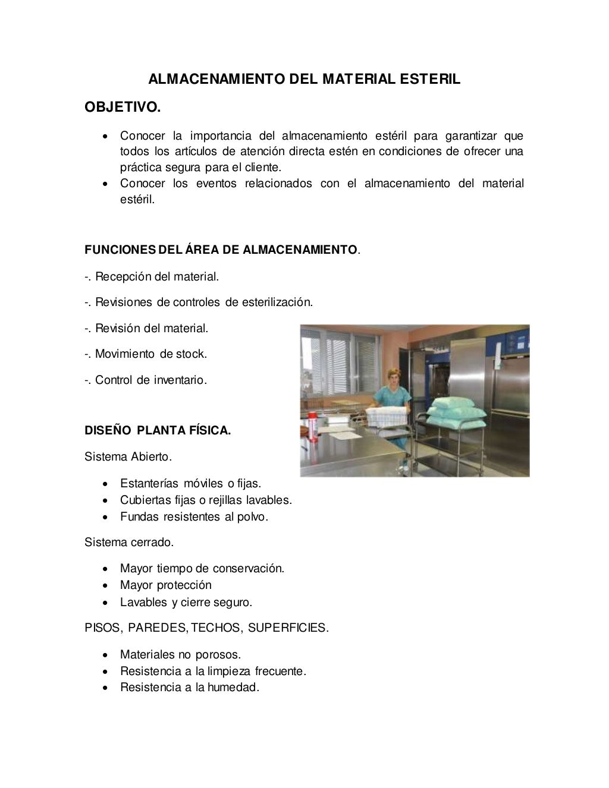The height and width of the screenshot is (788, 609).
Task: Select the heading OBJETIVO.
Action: coord(123,108)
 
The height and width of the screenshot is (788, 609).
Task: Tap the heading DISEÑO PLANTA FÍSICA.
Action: coord(158,431)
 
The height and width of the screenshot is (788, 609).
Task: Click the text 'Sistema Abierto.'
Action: coord(128,457)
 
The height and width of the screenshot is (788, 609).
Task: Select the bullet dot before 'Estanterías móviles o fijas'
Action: coord(105,483)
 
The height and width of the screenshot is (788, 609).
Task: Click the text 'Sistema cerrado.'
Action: coord(129,543)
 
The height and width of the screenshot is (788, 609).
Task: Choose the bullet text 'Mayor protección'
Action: coord(165,585)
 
